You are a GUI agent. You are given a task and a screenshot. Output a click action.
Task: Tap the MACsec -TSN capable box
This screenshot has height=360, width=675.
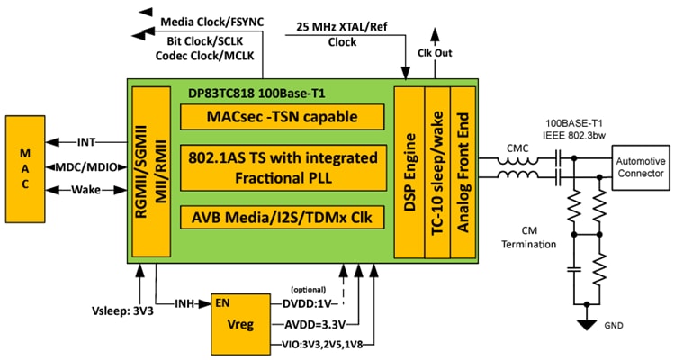pos(282,116)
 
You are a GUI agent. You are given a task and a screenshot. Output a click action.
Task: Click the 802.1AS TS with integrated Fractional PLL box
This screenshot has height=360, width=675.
pos(282,167)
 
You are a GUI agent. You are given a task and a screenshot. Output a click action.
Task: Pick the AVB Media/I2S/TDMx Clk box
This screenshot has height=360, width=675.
pos(282,218)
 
